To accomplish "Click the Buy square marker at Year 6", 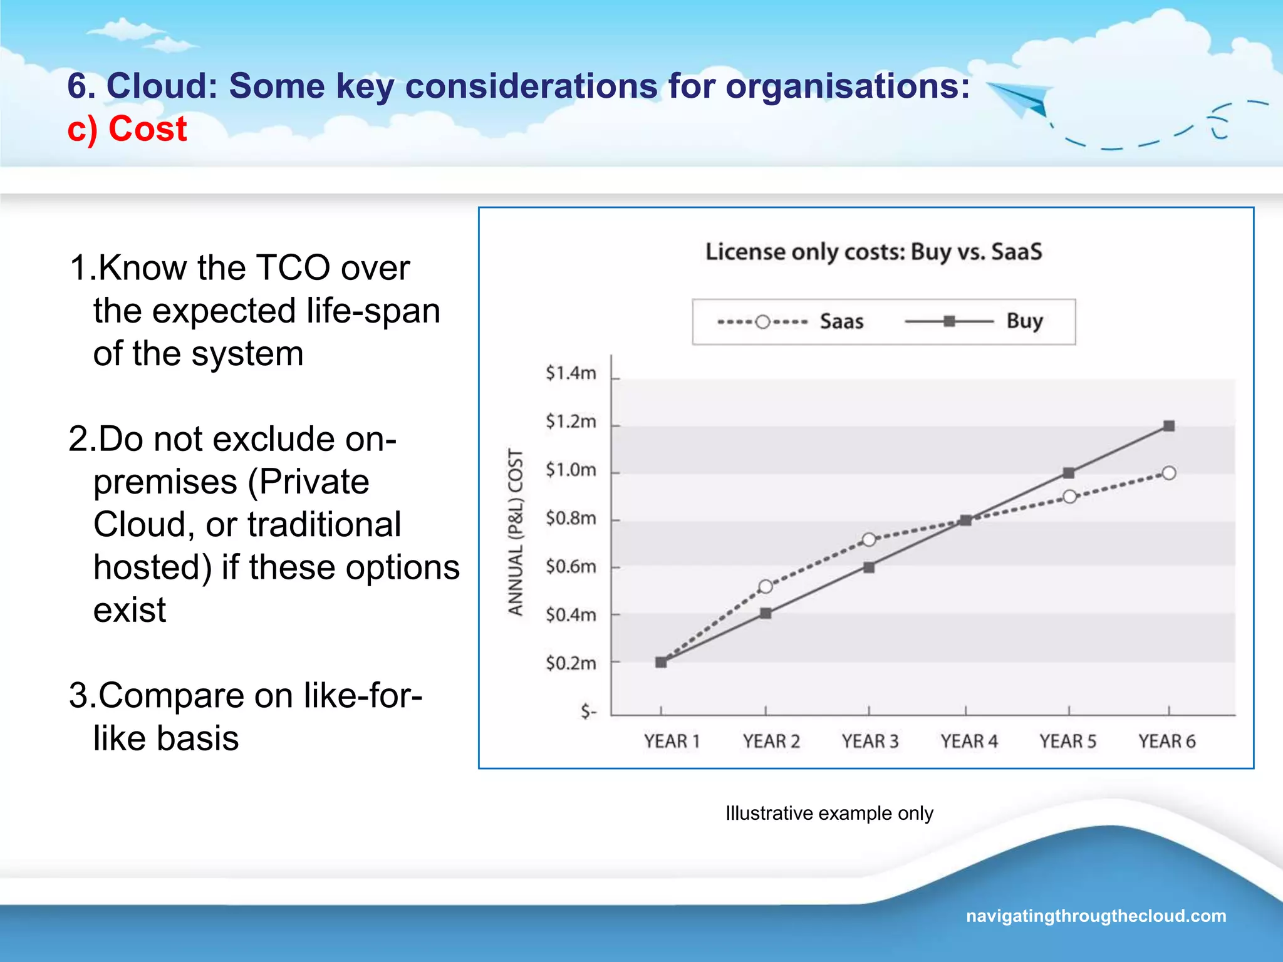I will (1168, 426).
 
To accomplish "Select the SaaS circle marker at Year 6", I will (1168, 473).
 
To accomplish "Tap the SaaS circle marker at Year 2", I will (765, 587).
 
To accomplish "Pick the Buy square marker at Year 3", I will (869, 567).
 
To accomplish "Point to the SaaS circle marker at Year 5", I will (1069, 497).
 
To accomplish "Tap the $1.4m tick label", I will (570, 373).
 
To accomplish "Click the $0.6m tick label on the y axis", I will (570, 567).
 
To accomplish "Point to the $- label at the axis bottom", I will (588, 711).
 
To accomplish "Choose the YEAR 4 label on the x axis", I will (969, 742).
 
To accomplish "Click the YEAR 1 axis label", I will (672, 742).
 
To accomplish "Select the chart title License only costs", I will (873, 252).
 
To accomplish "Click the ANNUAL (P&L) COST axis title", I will (515, 532).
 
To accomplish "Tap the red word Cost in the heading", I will (147, 129).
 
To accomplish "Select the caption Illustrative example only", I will (829, 813).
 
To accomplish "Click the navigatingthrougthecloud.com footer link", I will (1096, 916).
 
